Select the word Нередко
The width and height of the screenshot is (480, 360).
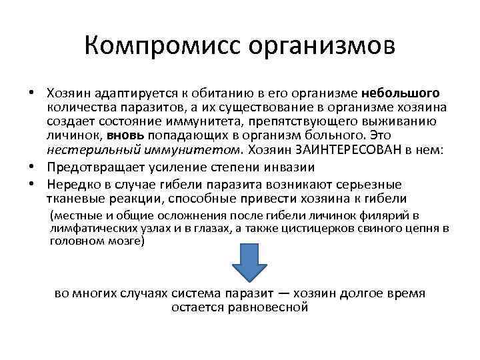click(x=71, y=185)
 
